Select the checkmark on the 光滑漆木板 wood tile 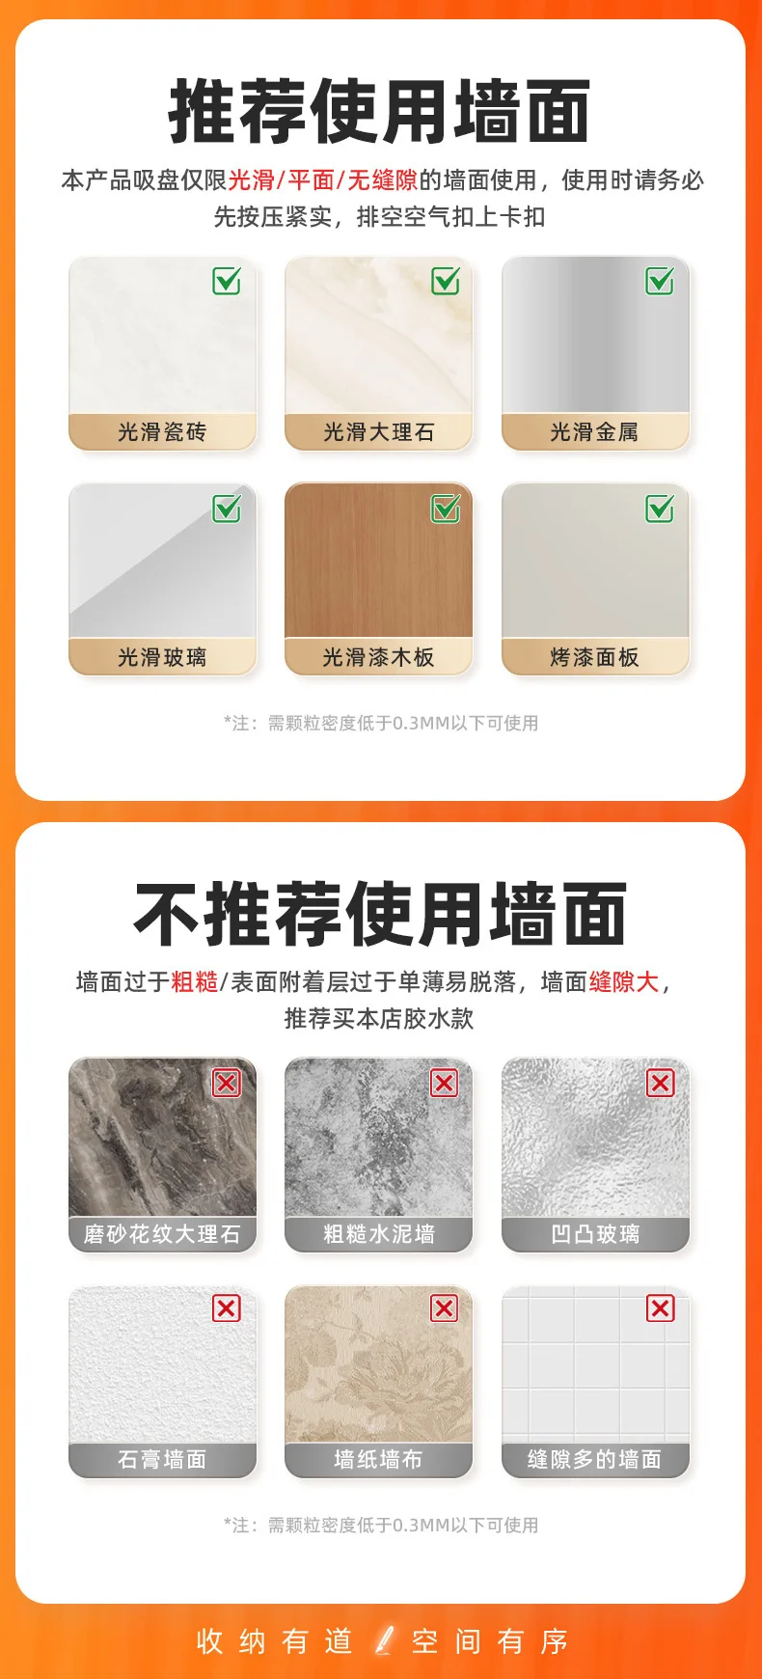tap(446, 508)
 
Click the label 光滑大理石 tap(378, 432)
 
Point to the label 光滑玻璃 tap(162, 658)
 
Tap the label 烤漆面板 tap(595, 658)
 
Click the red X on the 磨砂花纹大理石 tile tap(227, 1083)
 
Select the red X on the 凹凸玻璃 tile tap(661, 1083)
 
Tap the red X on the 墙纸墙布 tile tap(445, 1308)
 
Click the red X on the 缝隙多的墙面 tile tap(661, 1308)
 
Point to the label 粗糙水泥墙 tap(378, 1234)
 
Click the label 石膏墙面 tap(162, 1460)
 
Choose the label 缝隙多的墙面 tap(595, 1460)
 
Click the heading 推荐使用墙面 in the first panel tap(380, 112)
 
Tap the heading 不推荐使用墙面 tap(380, 914)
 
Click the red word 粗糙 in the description tap(195, 982)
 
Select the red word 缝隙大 tap(624, 982)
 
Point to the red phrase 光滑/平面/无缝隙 tap(323, 180)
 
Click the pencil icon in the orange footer tap(385, 1640)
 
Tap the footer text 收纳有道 tap(274, 1641)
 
